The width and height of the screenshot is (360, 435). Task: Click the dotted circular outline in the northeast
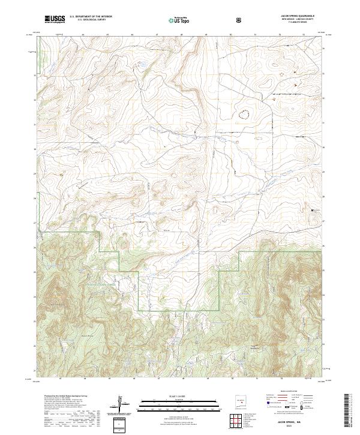coord(245,112)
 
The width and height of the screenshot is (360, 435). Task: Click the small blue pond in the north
coord(142,63)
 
